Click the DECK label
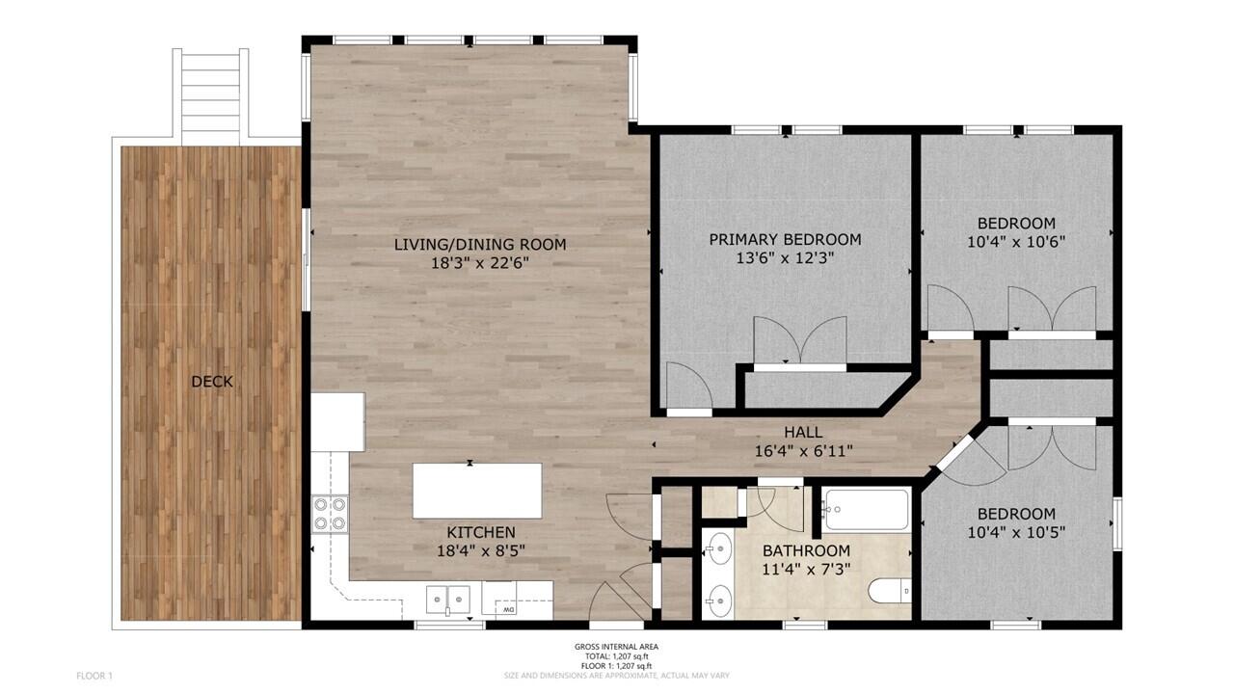point(211,382)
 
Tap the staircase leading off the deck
point(211,94)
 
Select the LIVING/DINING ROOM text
point(479,244)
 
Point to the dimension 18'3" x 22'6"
point(479,262)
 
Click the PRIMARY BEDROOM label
point(785,239)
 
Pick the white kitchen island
point(477,491)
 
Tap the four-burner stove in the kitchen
point(329,514)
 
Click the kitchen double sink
point(448,601)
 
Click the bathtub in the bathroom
point(866,509)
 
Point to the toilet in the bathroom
point(889,588)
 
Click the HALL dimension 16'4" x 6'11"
point(803,450)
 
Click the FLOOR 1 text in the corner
point(94,676)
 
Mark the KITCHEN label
point(480,532)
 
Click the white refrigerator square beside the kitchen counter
point(337,421)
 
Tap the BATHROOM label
point(806,550)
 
